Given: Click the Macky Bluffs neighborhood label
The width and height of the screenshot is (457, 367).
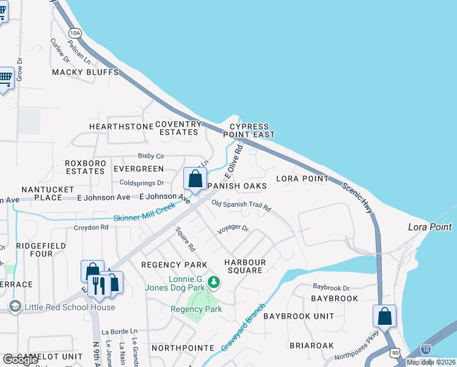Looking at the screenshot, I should coord(85,72).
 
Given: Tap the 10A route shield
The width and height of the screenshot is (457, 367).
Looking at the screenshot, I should coord(75,32).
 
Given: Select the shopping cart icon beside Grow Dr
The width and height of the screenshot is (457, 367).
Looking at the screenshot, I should coord(5,78).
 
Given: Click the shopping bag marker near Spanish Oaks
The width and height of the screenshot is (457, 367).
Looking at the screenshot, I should coord(195,179).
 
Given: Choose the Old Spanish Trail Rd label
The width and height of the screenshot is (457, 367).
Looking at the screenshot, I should coord(241,206).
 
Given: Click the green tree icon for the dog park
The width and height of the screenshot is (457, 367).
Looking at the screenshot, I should coord(213,282).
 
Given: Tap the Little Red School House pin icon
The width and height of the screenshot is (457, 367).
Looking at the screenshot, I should coord(15,306).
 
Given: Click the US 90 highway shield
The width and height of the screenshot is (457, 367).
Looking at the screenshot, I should coord(395,354).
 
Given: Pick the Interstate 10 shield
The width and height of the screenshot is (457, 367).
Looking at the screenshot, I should coord(426,349).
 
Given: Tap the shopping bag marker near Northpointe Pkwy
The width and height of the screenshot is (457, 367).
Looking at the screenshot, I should coord(384,317).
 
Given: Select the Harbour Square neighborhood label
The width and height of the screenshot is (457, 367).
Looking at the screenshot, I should coord(244,267).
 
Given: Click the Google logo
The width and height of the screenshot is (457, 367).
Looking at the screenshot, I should coord(21,360).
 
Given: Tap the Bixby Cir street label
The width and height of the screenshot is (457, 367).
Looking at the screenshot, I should coord(152,157).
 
